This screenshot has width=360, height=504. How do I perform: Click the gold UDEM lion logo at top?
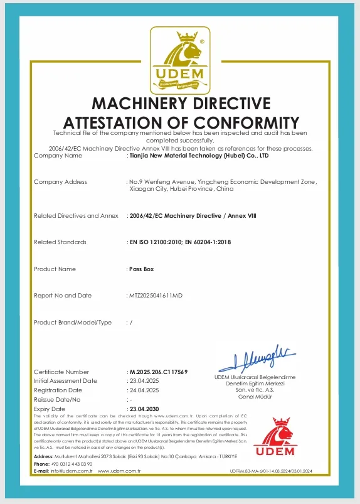coord(181,61)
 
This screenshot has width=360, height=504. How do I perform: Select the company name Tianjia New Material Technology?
coord(198,155)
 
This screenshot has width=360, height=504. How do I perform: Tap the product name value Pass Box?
coord(141,269)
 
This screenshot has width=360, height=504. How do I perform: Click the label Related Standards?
coord(60,242)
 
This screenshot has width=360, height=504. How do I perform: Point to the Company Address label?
coord(60,182)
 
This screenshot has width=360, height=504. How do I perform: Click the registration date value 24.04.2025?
coord(144,390)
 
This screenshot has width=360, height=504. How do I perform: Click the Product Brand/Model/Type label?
coord(72,322)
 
